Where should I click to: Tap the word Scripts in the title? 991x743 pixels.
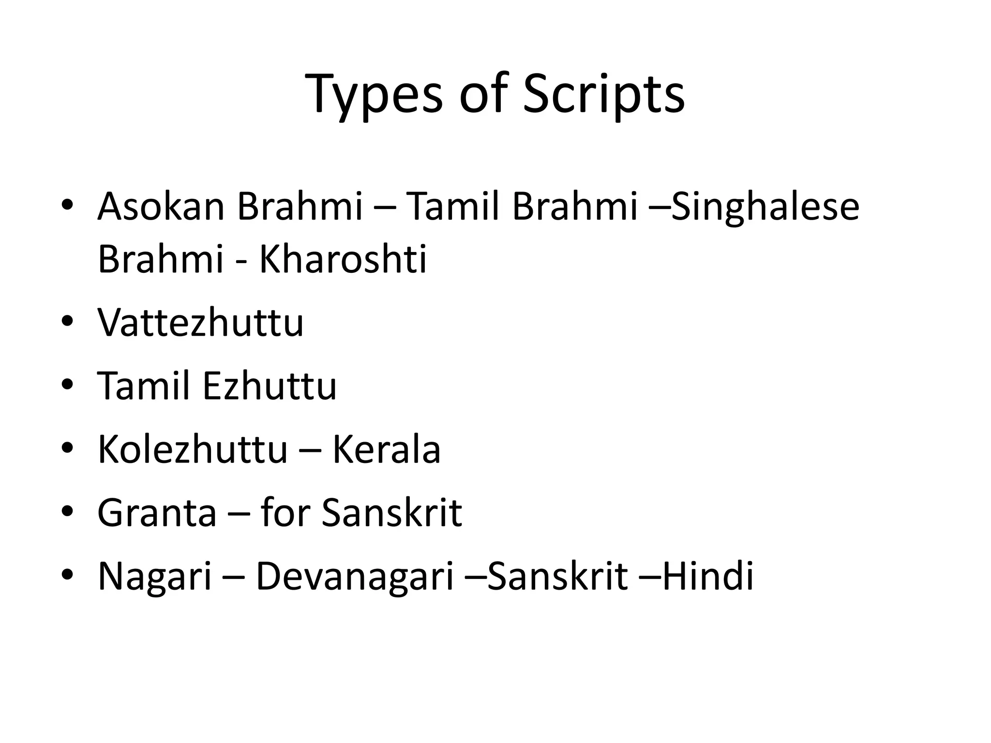[603, 94]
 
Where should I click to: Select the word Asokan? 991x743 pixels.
[161, 207]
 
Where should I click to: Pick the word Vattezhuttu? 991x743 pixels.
[200, 323]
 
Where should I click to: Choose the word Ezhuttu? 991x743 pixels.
[270, 386]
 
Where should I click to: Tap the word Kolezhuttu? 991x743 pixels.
[193, 450]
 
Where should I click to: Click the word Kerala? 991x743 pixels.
[386, 450]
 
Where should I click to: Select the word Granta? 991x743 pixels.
[157, 513]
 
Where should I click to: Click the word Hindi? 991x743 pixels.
[707, 577]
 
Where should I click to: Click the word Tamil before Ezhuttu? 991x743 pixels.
[144, 386]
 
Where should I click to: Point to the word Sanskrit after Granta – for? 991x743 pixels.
[391, 513]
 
